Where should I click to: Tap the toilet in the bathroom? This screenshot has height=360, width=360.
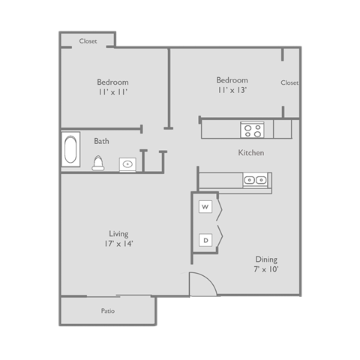[97, 163]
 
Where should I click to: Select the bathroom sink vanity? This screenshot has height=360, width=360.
[128, 163]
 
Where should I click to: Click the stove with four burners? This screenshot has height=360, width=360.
[251, 130]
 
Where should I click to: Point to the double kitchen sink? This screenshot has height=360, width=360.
[255, 180]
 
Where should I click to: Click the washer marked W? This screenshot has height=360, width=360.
[205, 206]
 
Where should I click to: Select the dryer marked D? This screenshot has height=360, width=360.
[205, 240]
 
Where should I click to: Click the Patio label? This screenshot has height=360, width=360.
[109, 310]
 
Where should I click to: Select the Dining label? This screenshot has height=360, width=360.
[266, 259]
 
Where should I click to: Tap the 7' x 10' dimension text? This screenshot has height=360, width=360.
[266, 269]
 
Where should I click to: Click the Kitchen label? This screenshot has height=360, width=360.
[251, 153]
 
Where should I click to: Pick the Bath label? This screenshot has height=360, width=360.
[101, 141]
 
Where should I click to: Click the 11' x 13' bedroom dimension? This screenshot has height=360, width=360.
[232, 90]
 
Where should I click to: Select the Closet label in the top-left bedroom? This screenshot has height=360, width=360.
[88, 41]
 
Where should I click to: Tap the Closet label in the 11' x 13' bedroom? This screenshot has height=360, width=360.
[289, 82]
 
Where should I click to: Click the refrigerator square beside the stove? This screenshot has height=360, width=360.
[282, 129]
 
